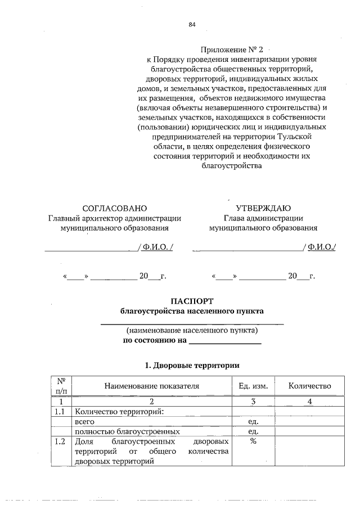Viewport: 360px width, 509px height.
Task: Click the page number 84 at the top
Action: coord(192,24)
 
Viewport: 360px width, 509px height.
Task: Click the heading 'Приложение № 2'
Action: coord(232,49)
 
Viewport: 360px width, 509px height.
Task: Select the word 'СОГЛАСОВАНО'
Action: coord(115,208)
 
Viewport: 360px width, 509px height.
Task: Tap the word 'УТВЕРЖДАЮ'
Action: coord(263,208)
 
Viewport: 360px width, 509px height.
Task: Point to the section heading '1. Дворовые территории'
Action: coord(192,365)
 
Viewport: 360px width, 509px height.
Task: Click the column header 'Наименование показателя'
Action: coord(151,386)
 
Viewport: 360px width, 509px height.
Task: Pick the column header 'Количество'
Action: coord(309,386)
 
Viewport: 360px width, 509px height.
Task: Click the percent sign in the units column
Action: coord(253,442)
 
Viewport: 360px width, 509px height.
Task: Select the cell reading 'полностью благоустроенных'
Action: coord(127,431)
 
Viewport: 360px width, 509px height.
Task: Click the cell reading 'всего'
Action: coord(85,421)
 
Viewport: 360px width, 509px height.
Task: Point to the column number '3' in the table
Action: coord(253,401)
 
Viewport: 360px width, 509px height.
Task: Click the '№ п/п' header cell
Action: coord(61,385)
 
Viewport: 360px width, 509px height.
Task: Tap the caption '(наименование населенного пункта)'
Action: coord(192,330)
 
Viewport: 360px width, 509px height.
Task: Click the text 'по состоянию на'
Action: coord(155,341)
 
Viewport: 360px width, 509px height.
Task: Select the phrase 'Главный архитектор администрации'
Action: coord(115,218)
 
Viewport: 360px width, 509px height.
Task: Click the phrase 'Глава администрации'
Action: coord(263,218)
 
